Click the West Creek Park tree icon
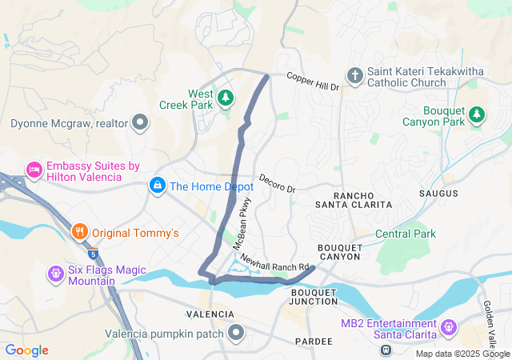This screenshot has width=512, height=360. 226,98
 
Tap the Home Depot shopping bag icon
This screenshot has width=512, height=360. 158,186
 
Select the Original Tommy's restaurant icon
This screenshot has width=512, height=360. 79,233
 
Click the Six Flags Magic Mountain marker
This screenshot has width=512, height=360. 55,274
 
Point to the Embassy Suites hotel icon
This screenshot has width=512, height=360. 34,170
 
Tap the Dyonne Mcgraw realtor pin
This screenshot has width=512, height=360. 141,123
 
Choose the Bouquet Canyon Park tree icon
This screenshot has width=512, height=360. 477,115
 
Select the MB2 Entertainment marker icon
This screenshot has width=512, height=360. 447,327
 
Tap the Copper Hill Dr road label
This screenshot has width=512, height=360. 314,82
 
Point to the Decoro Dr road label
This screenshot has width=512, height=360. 277,183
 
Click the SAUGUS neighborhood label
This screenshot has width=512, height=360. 438,194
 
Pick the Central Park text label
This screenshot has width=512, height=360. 406,234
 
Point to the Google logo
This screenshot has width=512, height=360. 26,350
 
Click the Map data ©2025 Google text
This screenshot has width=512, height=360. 462,354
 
